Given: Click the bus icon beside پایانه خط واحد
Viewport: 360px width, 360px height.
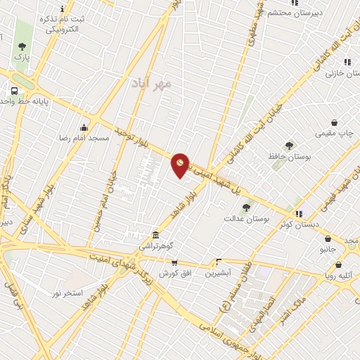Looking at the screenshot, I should click(14, 91).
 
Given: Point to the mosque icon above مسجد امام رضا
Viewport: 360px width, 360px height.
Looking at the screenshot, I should click(84, 127).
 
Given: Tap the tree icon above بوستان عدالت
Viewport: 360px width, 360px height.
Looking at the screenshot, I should click(246, 207).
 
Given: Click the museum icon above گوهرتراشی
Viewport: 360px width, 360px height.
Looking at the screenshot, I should click(155, 236).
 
